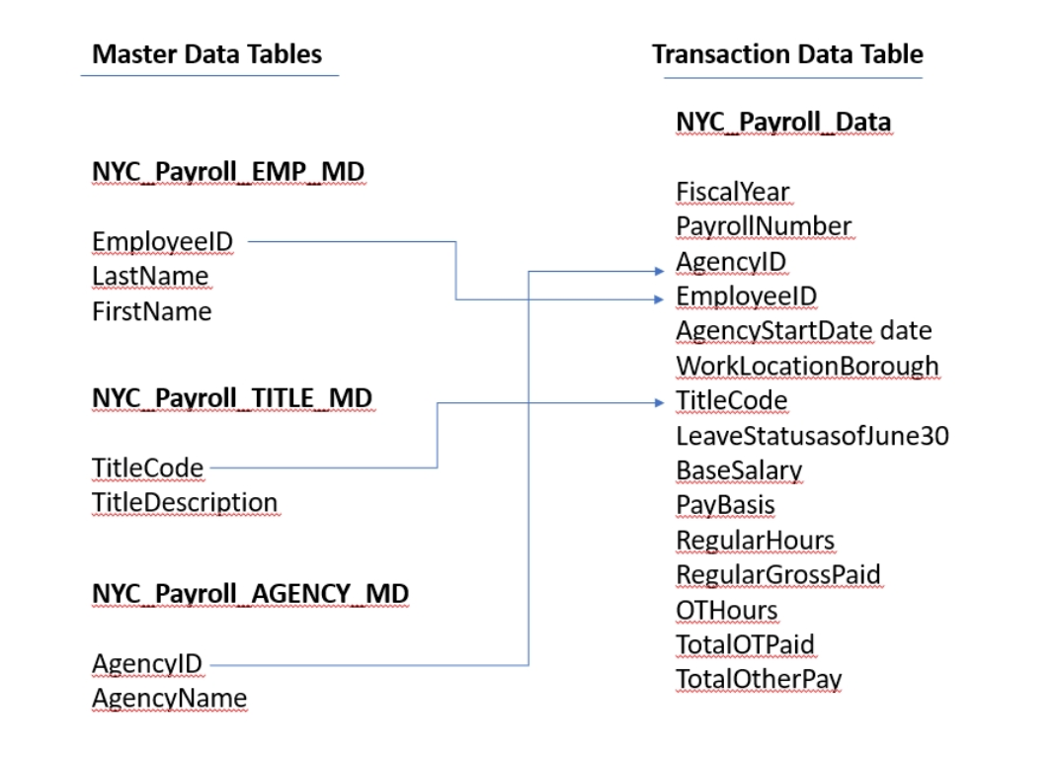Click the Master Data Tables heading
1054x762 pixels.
(x=206, y=54)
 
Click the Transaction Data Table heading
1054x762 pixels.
(x=787, y=54)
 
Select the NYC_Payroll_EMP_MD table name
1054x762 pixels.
(x=227, y=173)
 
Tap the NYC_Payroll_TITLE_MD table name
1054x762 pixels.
(x=232, y=398)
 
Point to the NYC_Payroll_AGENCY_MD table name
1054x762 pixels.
(x=250, y=594)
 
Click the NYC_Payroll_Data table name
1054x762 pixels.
(x=783, y=122)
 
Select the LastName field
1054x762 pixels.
(x=150, y=276)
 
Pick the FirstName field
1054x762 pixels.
(x=151, y=311)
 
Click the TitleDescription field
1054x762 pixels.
(x=185, y=502)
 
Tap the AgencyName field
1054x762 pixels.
(x=169, y=699)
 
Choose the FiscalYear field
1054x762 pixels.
(x=733, y=191)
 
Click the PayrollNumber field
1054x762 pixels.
(x=764, y=226)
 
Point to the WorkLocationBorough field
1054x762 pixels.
(x=807, y=366)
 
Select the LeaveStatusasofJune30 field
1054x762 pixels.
(x=812, y=436)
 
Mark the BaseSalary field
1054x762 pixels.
(x=739, y=470)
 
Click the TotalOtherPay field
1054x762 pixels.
(x=759, y=680)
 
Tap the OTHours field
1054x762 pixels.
(x=727, y=611)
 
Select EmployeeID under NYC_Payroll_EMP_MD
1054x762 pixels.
(x=168, y=240)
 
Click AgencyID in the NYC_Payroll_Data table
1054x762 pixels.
(x=731, y=261)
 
